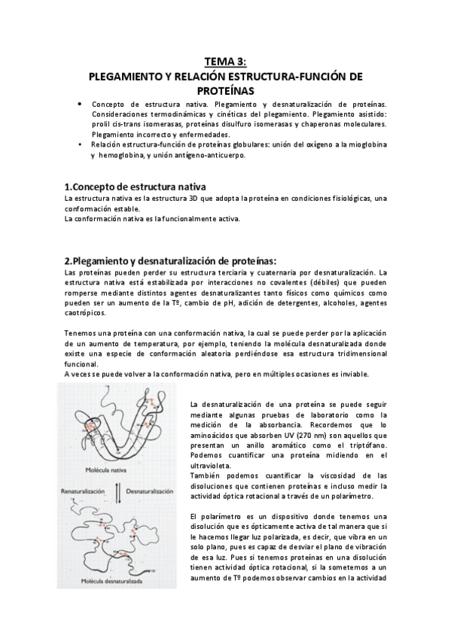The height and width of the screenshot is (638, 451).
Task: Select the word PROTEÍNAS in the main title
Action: click(x=225, y=90)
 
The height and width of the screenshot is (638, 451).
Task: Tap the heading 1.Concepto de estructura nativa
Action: click(x=136, y=186)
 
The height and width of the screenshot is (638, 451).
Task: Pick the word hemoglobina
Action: click(x=123, y=155)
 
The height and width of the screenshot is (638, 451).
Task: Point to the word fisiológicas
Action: click(x=346, y=198)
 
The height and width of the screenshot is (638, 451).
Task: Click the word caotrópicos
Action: click(x=86, y=313)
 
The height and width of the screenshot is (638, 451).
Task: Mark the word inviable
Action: click(x=353, y=375)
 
